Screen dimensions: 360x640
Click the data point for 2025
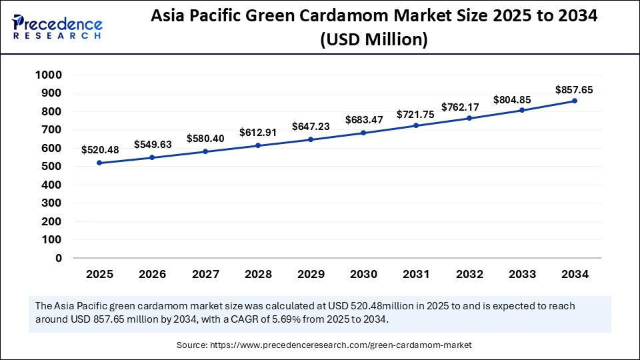tap(99, 163)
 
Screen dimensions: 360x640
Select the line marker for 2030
tap(363, 133)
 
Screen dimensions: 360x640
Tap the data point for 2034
tap(575, 101)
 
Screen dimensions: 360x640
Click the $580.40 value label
tap(205, 138)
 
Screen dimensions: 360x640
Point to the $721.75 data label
tap(415, 114)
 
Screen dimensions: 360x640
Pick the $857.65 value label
tap(574, 89)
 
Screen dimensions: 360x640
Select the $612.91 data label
tap(258, 133)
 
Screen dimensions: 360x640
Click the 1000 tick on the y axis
tap(49, 75)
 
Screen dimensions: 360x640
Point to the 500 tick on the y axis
tap(52, 167)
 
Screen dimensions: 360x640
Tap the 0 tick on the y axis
tap(59, 258)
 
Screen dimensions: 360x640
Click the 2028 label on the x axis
tap(258, 274)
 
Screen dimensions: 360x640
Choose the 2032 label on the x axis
tap(469, 274)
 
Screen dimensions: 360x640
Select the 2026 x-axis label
tap(152, 274)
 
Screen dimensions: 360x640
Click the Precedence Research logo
tap(57, 27)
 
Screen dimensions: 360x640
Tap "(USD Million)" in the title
tap(373, 40)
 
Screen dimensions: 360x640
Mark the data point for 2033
tap(522, 110)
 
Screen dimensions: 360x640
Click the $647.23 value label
tap(311, 126)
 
